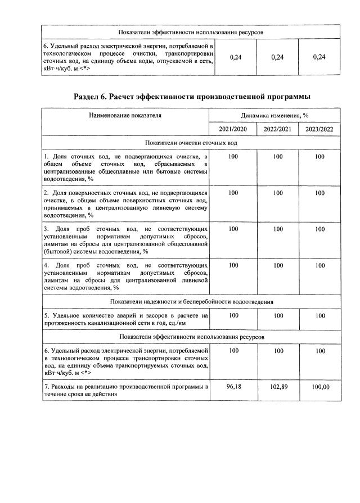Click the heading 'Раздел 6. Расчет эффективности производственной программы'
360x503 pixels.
click(x=192, y=97)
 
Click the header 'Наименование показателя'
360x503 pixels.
click(x=125, y=115)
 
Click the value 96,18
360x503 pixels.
click(x=233, y=387)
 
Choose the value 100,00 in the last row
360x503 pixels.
click(x=319, y=387)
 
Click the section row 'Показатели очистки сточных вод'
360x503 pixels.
click(x=192, y=144)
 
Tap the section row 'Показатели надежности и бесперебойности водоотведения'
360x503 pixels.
click(x=192, y=302)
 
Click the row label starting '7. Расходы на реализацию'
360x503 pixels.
click(x=125, y=391)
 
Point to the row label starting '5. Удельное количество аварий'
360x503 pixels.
click(x=125, y=319)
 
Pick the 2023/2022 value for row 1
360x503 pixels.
click(x=319, y=156)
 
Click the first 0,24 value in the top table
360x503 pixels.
click(x=236, y=57)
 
